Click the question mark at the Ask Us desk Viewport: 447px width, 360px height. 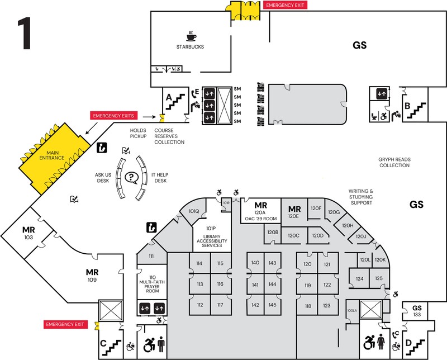pyautogui.click(x=131, y=178)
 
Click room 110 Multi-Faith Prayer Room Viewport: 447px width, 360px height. pyautogui.click(x=151, y=284)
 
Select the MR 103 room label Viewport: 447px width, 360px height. pyautogui.click(x=28, y=233)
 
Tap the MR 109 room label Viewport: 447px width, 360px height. pyautogui.click(x=92, y=275)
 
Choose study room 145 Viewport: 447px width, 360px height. pyautogui.click(x=272, y=305)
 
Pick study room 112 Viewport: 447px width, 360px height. pyautogui.click(x=199, y=305)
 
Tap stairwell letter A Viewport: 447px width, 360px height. pyautogui.click(x=168, y=96)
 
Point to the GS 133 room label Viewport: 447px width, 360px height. pyautogui.click(x=417, y=311)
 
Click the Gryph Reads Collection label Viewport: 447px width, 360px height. pyautogui.click(x=394, y=162)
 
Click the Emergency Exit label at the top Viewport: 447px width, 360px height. pyautogui.click(x=286, y=5)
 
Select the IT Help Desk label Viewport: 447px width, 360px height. pyautogui.click(x=160, y=178)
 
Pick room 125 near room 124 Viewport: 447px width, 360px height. pyautogui.click(x=378, y=278)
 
